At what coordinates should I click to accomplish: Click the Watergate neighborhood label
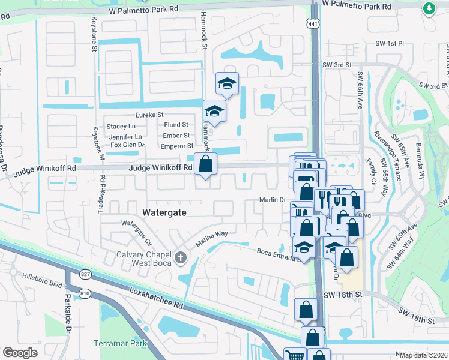[x=164, y=213]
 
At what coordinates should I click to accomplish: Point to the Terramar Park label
[x=120, y=344]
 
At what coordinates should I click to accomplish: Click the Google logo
[x=20, y=353]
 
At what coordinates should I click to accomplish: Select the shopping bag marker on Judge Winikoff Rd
[x=205, y=163]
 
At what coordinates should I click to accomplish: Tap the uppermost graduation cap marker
[x=228, y=83]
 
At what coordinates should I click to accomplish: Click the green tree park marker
[x=429, y=8]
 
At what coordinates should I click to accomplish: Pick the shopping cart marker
[x=294, y=354]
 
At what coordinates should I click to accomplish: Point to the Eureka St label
[x=149, y=115]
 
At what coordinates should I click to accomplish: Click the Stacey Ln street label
[x=121, y=127]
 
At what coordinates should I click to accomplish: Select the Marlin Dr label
[x=272, y=200]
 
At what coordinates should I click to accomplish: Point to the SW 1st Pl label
[x=391, y=44]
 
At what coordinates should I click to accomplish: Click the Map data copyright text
[x=423, y=355]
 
